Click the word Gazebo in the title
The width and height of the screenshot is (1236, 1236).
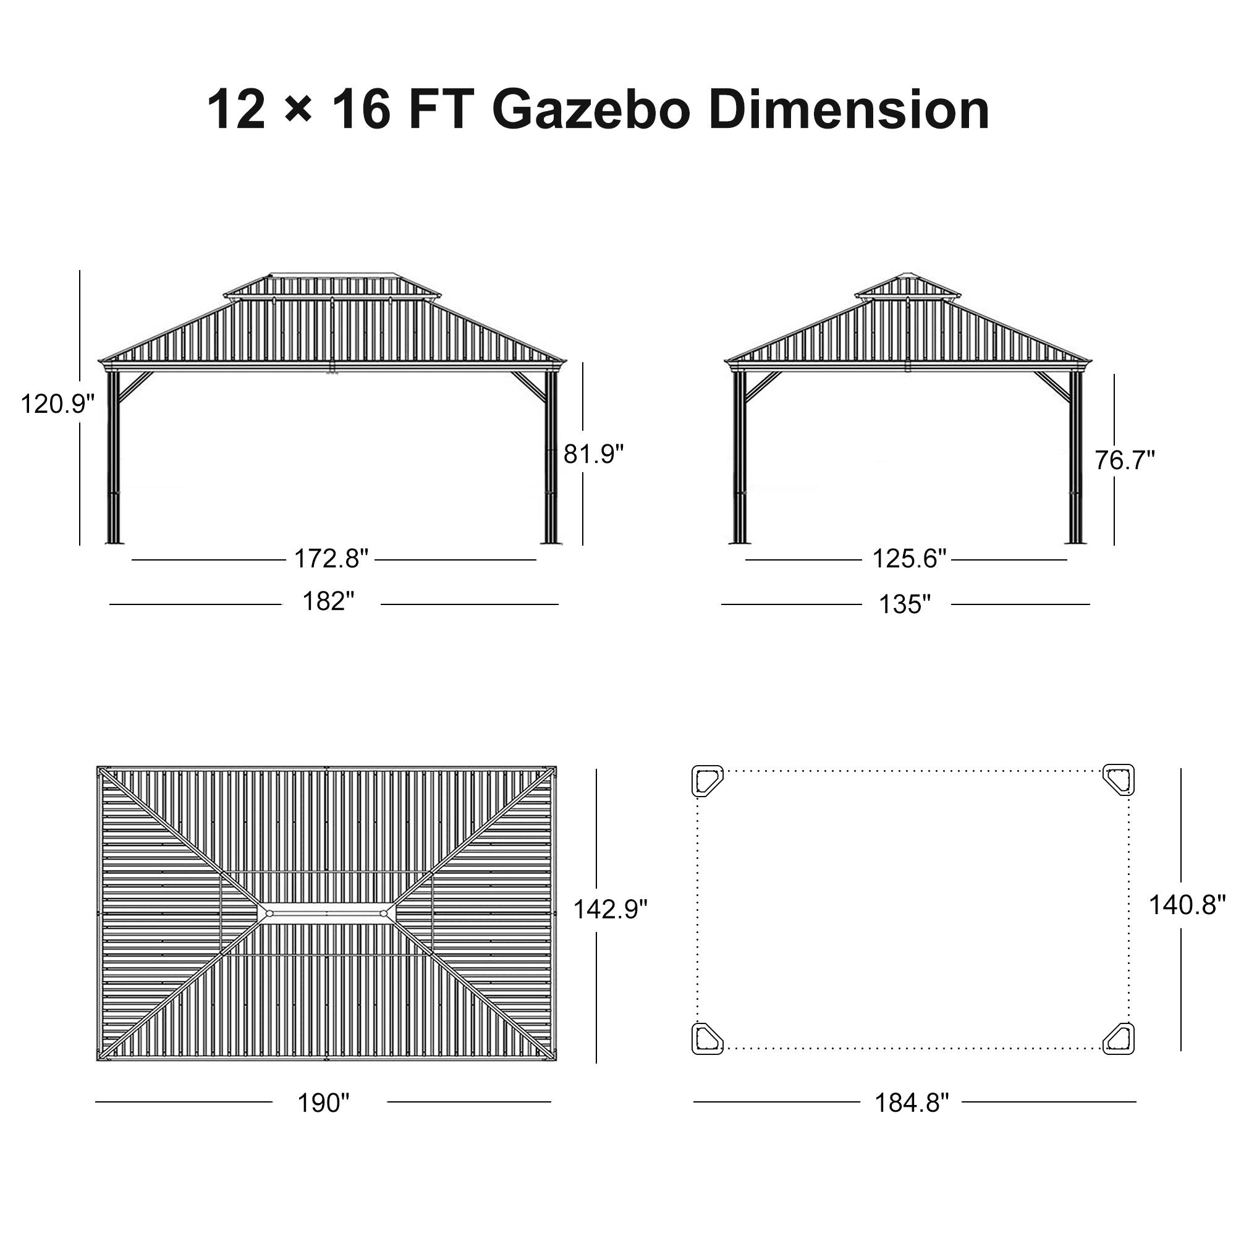[x=591, y=110]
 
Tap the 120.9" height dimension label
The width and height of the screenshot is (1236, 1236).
[x=57, y=404]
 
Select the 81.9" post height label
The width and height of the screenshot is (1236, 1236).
[x=593, y=454]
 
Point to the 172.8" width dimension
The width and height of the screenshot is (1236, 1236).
[x=331, y=559]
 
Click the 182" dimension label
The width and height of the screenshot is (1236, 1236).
[x=328, y=602]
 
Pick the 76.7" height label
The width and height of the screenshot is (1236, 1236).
[x=1125, y=460]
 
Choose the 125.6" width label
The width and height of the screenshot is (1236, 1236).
[x=908, y=559]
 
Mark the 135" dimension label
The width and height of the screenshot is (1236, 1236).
[x=905, y=604]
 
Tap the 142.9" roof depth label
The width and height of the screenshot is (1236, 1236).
[x=610, y=909]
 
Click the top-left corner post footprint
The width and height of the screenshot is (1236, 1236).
[x=707, y=781]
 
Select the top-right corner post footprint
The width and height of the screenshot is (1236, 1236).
[x=1119, y=780]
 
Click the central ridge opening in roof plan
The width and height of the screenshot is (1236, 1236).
[x=326, y=913]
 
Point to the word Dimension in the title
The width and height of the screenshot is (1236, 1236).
[x=849, y=110]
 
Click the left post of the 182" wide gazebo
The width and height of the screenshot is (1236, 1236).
[x=113, y=457]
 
